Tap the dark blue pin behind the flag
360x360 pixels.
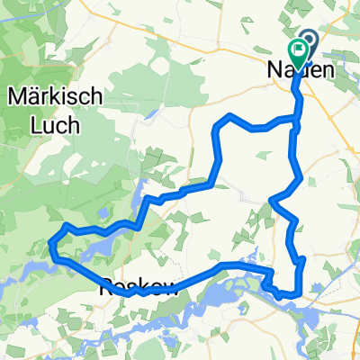point(309,40)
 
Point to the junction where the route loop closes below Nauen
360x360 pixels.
point(294,118)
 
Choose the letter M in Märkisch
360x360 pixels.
point(13,94)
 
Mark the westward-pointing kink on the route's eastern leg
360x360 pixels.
point(272,200)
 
